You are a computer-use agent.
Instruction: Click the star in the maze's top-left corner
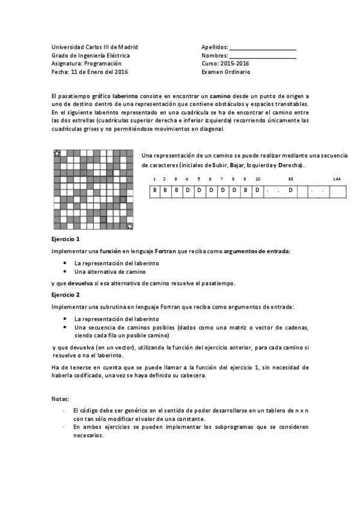(57, 154)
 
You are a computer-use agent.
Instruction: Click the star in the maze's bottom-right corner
(130, 226)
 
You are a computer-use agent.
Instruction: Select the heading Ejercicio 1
(66, 239)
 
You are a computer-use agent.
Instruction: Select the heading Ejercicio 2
(66, 295)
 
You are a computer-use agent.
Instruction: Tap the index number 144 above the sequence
(337, 179)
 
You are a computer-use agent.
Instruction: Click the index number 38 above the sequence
(291, 179)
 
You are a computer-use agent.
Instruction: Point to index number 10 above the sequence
(257, 179)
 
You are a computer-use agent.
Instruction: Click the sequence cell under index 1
(154, 191)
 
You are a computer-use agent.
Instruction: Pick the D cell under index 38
(290, 191)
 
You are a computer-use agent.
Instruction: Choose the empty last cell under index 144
(338, 191)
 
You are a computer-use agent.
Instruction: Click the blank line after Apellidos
(263, 48)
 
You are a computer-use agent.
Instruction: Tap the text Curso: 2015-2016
(225, 64)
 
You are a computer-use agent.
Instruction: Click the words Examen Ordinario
(226, 72)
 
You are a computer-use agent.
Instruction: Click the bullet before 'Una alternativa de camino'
(65, 272)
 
